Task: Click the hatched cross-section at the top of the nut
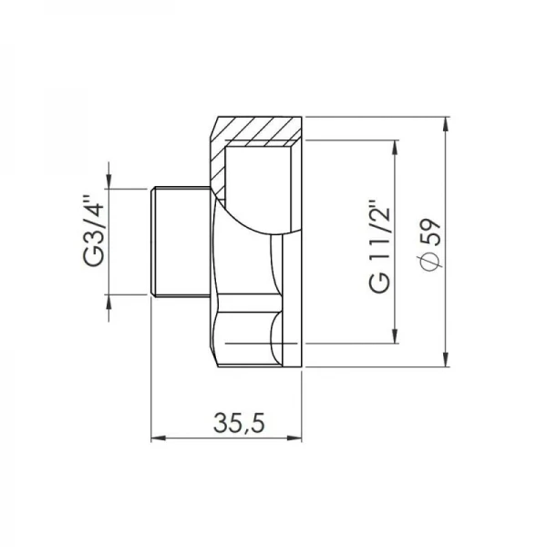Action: tap(260, 129)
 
